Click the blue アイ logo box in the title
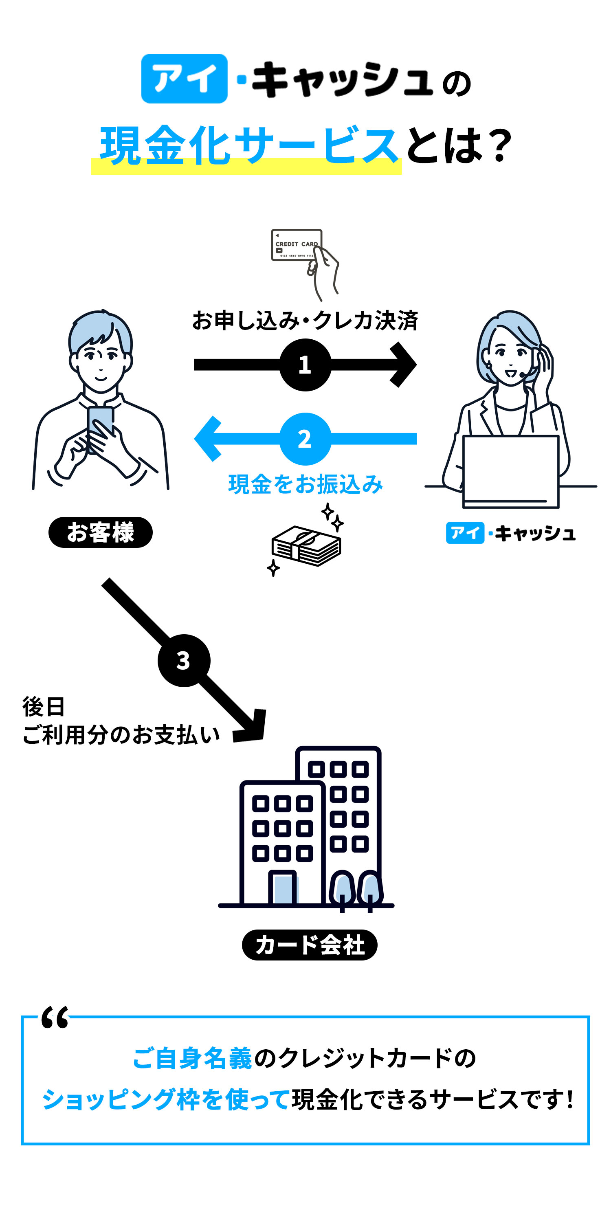click(184, 78)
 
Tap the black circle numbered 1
click(305, 365)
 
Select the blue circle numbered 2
click(305, 439)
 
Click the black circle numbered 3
click(184, 660)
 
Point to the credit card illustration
click(297, 245)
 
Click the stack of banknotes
click(306, 545)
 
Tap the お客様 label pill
click(101, 532)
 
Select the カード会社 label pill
click(309, 945)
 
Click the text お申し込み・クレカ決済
click(305, 321)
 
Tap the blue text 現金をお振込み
click(305, 484)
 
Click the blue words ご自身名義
click(192, 1059)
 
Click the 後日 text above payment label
click(44, 707)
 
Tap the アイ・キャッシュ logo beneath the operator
click(510, 533)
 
